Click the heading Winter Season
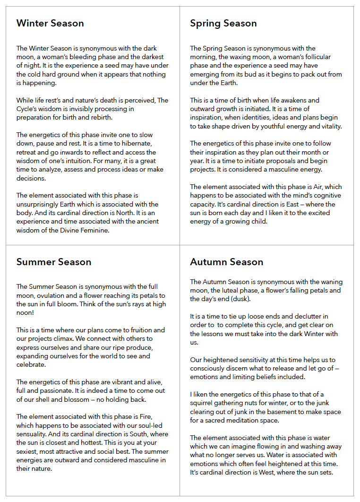[x=50, y=23]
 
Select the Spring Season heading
[x=223, y=23]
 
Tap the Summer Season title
[x=54, y=262]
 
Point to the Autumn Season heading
[x=227, y=262]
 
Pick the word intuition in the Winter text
[x=97, y=161]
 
